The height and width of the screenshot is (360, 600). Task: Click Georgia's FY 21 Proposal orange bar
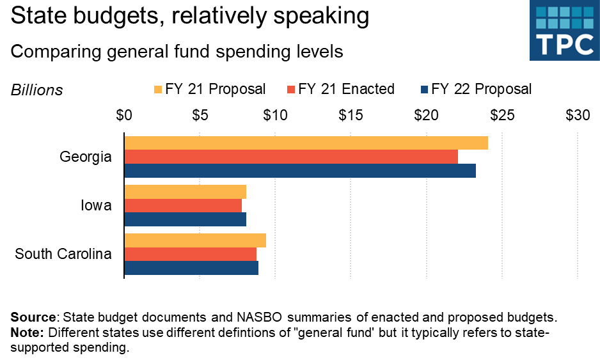(x=306, y=143)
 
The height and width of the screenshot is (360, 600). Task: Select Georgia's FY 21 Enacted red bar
(x=291, y=157)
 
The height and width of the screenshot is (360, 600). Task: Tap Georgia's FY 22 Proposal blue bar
(x=300, y=171)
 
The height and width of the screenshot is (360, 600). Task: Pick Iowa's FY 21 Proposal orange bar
(x=185, y=192)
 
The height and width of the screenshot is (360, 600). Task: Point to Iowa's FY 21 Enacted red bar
(x=183, y=205)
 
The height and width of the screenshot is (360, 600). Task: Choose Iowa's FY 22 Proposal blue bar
(x=185, y=219)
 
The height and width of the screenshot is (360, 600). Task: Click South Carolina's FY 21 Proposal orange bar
(x=195, y=240)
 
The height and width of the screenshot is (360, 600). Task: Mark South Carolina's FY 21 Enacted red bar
(x=190, y=254)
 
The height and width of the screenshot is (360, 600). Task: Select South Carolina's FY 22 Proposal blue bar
(x=191, y=268)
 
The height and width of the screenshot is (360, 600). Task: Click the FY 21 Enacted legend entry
(x=341, y=89)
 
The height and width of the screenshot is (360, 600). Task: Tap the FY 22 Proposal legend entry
(x=475, y=89)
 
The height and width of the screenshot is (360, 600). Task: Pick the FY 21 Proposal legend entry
(x=209, y=89)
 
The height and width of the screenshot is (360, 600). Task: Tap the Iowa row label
(x=96, y=206)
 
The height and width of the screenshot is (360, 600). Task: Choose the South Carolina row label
(x=63, y=254)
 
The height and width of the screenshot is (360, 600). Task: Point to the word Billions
(x=37, y=90)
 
